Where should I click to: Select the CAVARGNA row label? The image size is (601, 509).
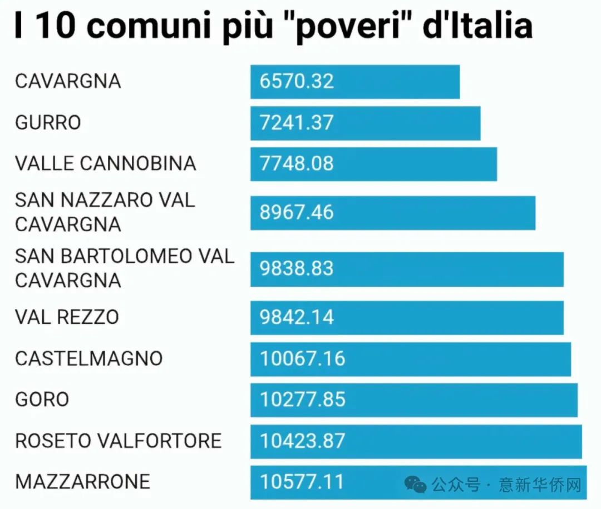coord(68,81)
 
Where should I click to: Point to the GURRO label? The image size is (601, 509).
coord(48,122)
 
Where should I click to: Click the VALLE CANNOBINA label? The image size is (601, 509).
coord(106,163)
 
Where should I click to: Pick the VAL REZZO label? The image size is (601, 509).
coord(67,317)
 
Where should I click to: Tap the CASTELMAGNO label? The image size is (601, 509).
coord(89,358)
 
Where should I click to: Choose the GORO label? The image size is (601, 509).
coord(42,400)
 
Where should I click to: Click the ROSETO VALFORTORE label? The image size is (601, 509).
coord(119,441)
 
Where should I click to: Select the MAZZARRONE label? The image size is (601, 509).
coord(83,481)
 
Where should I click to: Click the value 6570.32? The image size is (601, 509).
coord(297,81)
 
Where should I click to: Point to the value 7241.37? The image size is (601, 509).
coord(297,122)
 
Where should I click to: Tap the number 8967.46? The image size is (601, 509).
coord(297,212)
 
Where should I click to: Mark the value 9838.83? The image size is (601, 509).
coord(297,268)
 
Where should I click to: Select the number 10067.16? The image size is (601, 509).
coord(303,358)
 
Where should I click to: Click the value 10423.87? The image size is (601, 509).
coord(303,441)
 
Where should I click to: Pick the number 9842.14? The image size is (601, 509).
coord(297,317)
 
